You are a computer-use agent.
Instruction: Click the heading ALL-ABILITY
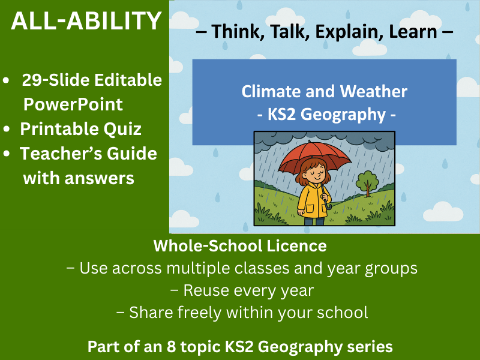pos(86,22)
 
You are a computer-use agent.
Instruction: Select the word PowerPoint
pos(73,104)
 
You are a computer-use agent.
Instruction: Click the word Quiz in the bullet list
pos(122,128)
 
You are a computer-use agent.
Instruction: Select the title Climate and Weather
pos(324,92)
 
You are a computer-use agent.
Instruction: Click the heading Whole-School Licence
pos(240,245)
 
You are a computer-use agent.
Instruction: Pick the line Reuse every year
pos(242,290)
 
